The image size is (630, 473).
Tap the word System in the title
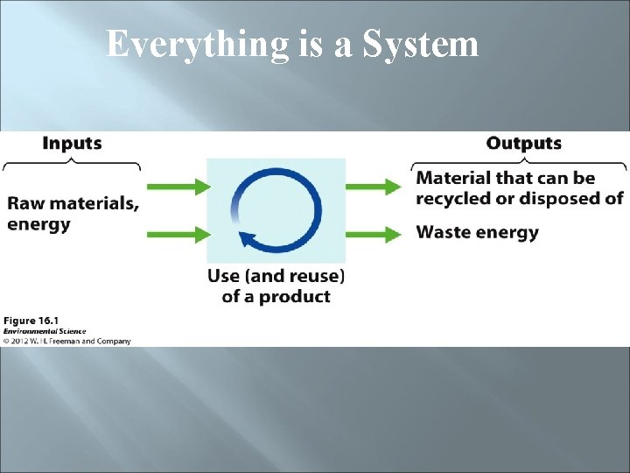(x=421, y=44)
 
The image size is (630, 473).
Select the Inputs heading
(x=72, y=144)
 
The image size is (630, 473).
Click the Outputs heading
(x=524, y=144)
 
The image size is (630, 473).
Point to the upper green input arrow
(x=178, y=186)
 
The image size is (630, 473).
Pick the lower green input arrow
(x=178, y=233)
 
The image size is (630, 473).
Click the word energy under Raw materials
(x=38, y=224)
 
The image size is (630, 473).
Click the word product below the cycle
(x=296, y=296)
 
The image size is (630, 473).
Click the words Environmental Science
(x=44, y=331)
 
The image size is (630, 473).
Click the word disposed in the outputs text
(x=556, y=198)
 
